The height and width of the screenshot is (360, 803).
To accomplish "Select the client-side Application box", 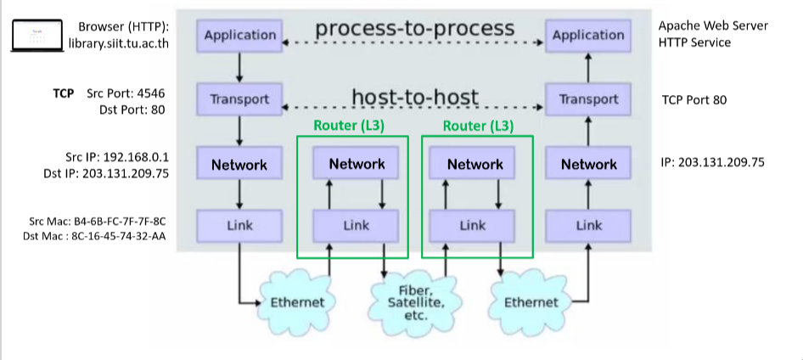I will (x=240, y=36).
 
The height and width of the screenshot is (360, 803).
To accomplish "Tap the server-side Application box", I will (x=587, y=36).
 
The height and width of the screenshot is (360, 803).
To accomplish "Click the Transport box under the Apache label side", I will (x=588, y=99).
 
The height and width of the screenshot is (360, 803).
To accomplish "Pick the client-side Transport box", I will (x=240, y=99).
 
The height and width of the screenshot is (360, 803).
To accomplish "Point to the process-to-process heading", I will (x=414, y=28).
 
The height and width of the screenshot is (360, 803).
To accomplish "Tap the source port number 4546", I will (x=148, y=93).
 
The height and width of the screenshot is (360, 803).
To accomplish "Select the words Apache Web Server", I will (x=713, y=25).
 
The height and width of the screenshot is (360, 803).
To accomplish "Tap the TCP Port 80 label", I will (x=693, y=99).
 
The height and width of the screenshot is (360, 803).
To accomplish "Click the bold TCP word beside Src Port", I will (x=63, y=93).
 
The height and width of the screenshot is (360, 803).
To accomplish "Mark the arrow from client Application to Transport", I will (x=240, y=66).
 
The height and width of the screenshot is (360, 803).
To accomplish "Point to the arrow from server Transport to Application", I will (x=588, y=66).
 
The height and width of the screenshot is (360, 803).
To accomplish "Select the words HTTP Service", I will (x=694, y=42).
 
